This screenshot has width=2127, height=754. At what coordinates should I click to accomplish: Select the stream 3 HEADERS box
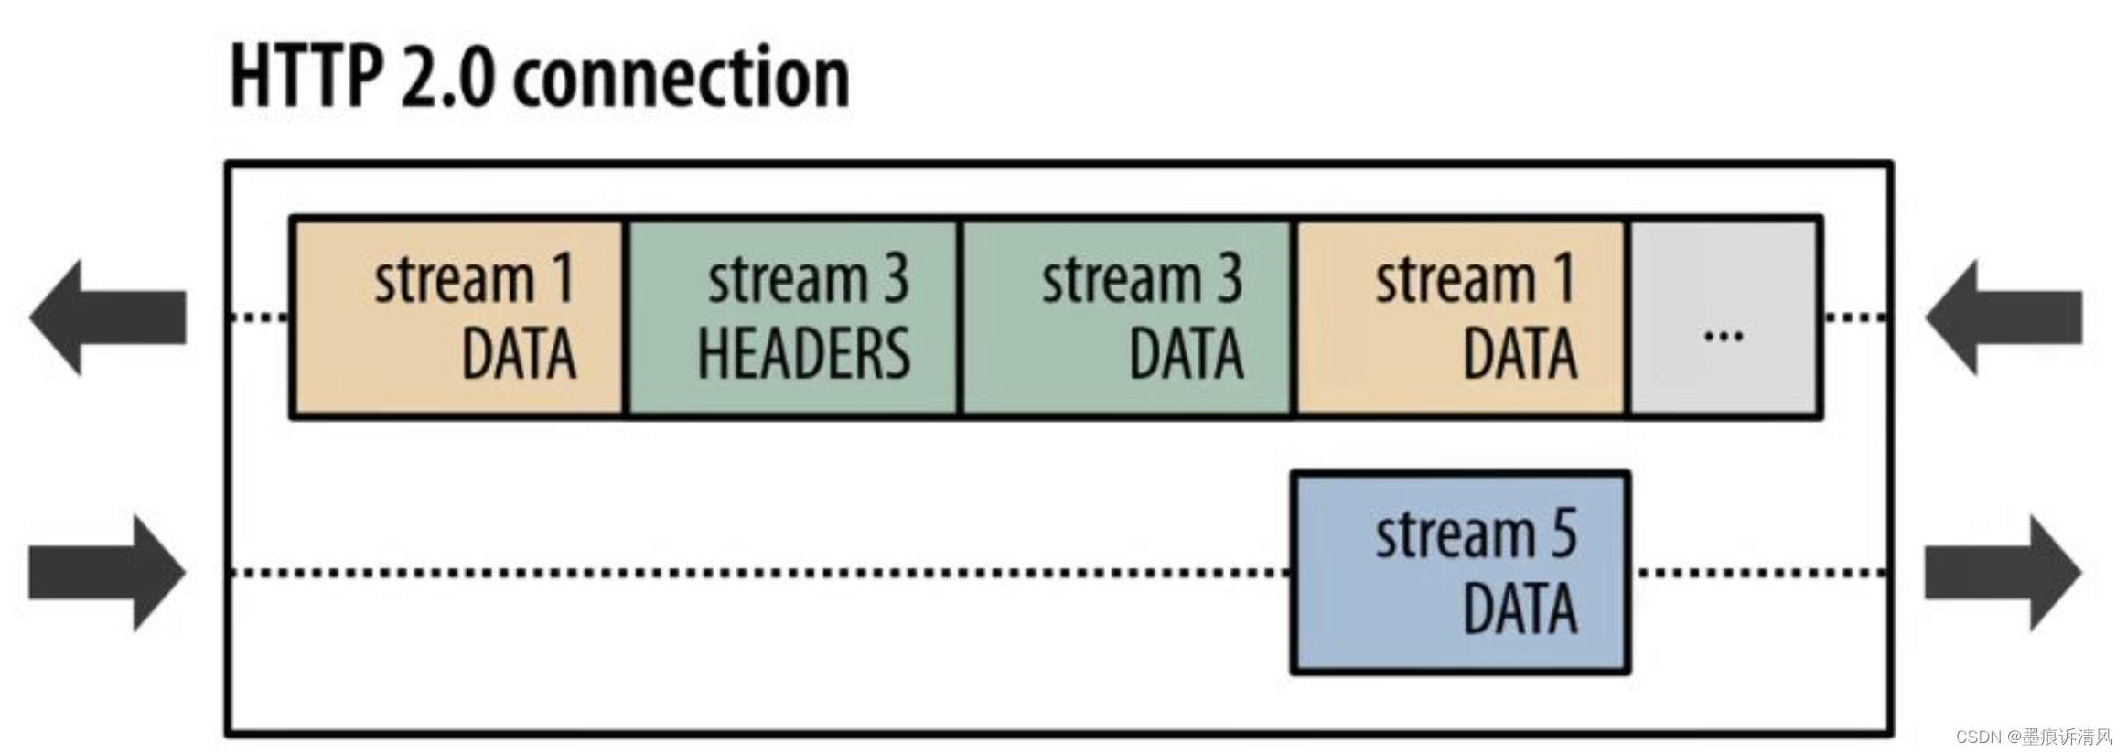(792, 318)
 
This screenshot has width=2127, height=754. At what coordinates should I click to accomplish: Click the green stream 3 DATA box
(1126, 318)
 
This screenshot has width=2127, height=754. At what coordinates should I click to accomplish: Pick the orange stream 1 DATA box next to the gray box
(1460, 318)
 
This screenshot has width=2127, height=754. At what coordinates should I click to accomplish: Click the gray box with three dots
(1724, 318)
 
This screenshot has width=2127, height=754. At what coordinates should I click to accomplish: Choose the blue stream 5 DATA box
(1460, 573)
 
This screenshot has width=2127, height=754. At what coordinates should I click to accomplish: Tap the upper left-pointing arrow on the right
(2003, 318)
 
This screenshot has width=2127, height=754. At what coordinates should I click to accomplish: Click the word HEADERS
(803, 355)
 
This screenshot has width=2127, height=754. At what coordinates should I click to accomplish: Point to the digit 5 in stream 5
(1563, 534)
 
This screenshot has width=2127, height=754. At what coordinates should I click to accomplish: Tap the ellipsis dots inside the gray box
(1724, 337)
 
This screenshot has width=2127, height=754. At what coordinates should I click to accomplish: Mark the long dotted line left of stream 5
(759, 573)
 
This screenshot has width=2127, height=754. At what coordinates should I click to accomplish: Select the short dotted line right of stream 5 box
(1761, 573)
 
